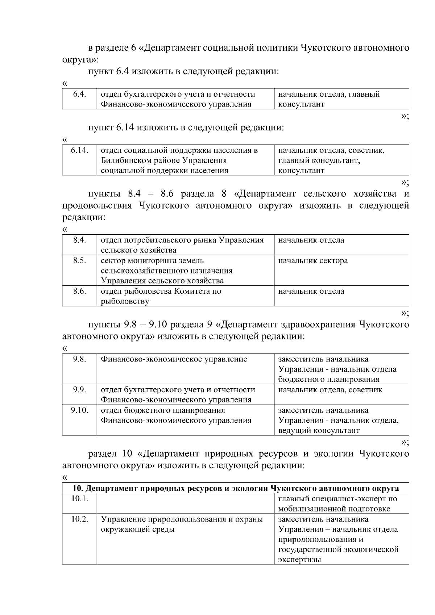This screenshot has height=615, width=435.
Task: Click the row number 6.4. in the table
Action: click(79, 94)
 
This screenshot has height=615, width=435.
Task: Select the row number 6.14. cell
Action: click(79, 150)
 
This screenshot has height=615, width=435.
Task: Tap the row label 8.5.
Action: click(79, 260)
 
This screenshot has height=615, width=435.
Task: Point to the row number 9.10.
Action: click(79, 410)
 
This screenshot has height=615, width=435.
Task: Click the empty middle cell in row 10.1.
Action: click(185, 503)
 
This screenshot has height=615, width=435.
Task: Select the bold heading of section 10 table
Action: click(236, 488)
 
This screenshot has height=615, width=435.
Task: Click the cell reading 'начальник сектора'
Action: click(313, 260)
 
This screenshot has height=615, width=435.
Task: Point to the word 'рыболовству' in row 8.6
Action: click(125, 301)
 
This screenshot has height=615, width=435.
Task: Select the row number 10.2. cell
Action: click(79, 519)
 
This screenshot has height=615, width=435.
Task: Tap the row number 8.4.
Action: click(79, 240)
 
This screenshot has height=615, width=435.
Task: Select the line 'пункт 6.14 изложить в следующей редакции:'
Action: click(186, 127)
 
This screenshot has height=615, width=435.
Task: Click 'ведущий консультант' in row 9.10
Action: click(319, 430)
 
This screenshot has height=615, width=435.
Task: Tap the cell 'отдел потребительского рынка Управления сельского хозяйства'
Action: click(182, 244)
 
